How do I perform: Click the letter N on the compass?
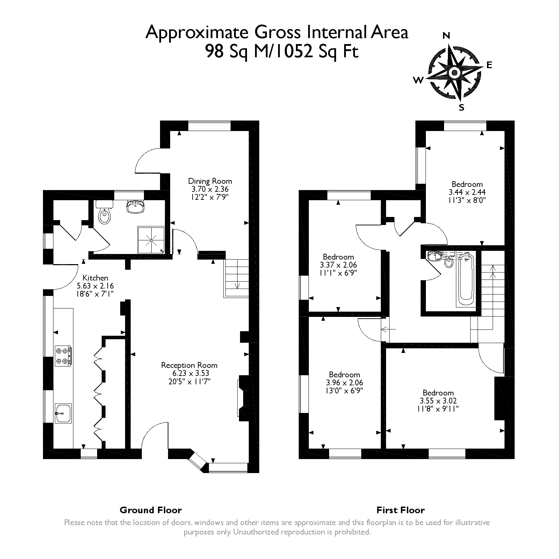tap(446, 36)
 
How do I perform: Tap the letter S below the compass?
tap(461, 108)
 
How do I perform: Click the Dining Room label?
tap(210, 181)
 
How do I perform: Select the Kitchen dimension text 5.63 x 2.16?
tap(95, 286)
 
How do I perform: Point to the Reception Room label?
tap(189, 365)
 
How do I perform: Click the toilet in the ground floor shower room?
tap(104, 212)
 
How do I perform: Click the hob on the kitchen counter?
tap(63, 356)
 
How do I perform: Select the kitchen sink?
tap(63, 413)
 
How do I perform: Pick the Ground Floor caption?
tap(151, 510)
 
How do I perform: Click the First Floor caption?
tap(400, 510)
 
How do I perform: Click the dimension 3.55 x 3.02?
tap(438, 401)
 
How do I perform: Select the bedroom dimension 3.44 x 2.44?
tap(467, 192)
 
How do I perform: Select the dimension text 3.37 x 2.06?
tap(338, 265)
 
